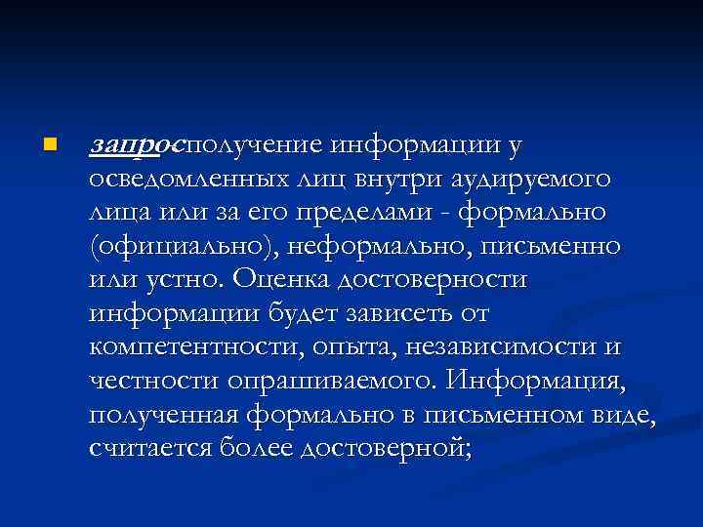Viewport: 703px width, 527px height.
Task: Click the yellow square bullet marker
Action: (50, 145)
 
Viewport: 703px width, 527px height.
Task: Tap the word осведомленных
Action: (186, 180)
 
